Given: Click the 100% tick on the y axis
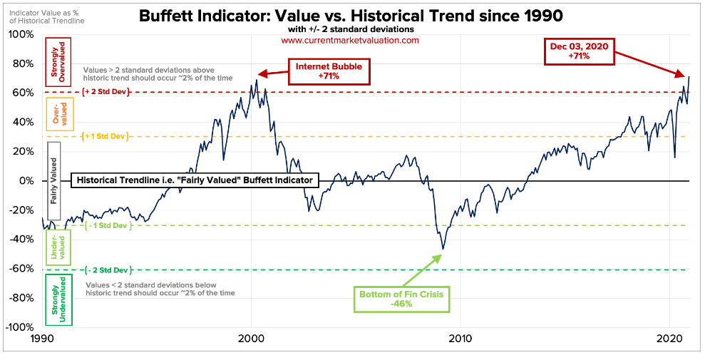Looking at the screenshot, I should click(21, 34).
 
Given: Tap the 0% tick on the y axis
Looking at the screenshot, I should click(26, 181).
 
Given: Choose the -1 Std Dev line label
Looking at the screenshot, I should click(107, 225).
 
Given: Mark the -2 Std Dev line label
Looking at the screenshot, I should click(107, 270).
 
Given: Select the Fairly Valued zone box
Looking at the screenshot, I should click(53, 181).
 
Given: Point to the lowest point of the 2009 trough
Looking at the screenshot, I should click(443, 250).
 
